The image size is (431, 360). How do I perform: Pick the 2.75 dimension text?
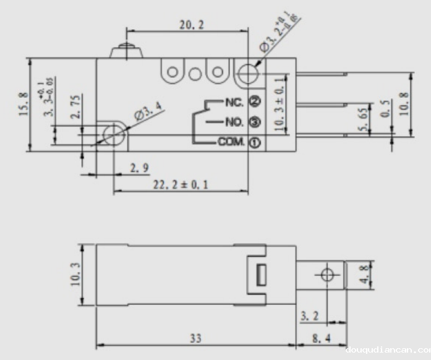click(74, 108)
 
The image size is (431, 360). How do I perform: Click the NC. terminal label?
click(233, 100)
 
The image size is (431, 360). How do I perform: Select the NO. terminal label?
click(233, 121)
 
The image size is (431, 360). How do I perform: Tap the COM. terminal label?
click(231, 142)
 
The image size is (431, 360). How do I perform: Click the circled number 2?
click(254, 100)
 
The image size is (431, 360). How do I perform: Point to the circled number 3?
click(254, 121)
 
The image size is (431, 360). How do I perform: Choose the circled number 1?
click(254, 142)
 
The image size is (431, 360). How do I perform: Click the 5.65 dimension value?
click(365, 118)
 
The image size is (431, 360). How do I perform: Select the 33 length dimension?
click(195, 340)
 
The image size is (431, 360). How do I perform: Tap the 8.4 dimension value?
click(320, 340)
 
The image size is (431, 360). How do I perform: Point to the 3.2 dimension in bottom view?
click(310, 316)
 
